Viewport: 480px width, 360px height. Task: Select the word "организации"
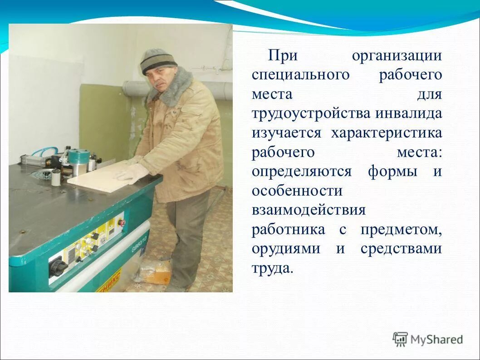(x=396, y=56)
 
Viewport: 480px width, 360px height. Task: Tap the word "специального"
(x=300, y=75)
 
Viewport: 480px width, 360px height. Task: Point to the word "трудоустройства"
(x=311, y=113)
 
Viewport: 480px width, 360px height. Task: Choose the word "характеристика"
(x=386, y=133)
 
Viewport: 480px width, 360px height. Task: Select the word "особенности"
(x=297, y=191)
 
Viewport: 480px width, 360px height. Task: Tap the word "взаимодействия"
(x=309, y=210)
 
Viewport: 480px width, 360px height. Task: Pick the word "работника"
(x=289, y=229)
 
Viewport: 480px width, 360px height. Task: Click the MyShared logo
(x=428, y=339)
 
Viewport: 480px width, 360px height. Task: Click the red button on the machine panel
(x=121, y=222)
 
